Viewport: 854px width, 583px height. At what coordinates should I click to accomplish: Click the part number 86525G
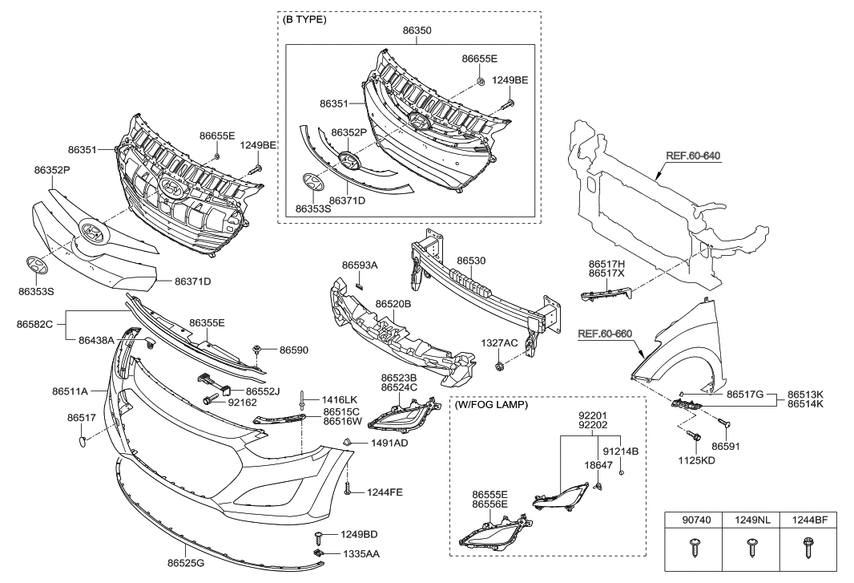tap(186, 564)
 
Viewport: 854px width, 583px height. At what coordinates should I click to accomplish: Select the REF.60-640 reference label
tap(694, 156)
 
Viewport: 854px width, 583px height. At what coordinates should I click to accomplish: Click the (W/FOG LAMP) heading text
tap(491, 405)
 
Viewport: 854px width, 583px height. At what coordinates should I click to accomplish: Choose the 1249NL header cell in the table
tap(751, 520)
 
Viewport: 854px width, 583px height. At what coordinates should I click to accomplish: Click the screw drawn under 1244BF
tap(808, 549)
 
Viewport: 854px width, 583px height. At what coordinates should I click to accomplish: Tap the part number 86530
tap(472, 261)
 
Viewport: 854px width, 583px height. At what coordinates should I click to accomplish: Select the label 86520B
tap(393, 305)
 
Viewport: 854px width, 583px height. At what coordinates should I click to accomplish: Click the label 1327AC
tap(499, 342)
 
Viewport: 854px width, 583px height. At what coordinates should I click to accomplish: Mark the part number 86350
tap(417, 30)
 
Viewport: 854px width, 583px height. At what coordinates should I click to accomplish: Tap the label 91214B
tap(620, 451)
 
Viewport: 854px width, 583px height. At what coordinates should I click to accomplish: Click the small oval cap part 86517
tap(83, 440)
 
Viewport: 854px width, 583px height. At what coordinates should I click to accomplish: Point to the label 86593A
tap(360, 265)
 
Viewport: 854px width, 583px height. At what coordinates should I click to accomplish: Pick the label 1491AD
tap(389, 443)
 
